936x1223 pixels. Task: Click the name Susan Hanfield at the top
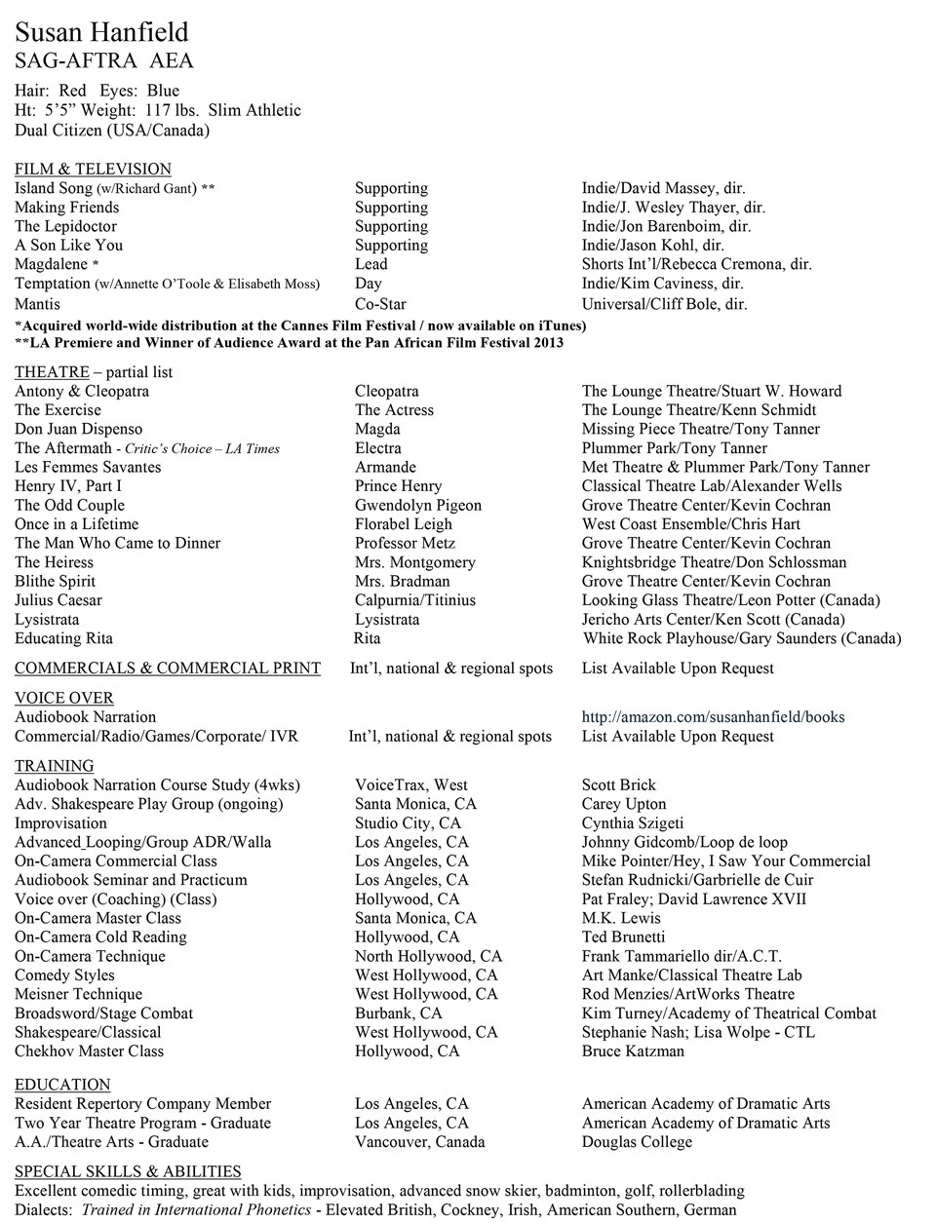(101, 32)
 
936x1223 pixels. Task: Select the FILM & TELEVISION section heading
(93, 169)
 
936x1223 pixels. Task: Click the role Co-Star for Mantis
(380, 303)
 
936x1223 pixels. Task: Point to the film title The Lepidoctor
(65, 226)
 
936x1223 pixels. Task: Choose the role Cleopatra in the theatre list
(387, 391)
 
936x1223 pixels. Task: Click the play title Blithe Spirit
(55, 581)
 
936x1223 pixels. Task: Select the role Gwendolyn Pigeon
(418, 505)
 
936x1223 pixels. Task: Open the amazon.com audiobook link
(713, 716)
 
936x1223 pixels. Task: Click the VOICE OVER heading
(64, 698)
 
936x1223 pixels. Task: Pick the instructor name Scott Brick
(618, 784)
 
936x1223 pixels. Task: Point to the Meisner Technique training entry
(78, 994)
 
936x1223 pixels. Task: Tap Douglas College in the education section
(637, 1141)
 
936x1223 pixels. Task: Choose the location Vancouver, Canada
(419, 1141)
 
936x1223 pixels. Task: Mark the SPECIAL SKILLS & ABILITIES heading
(128, 1171)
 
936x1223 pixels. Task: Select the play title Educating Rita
(63, 638)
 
